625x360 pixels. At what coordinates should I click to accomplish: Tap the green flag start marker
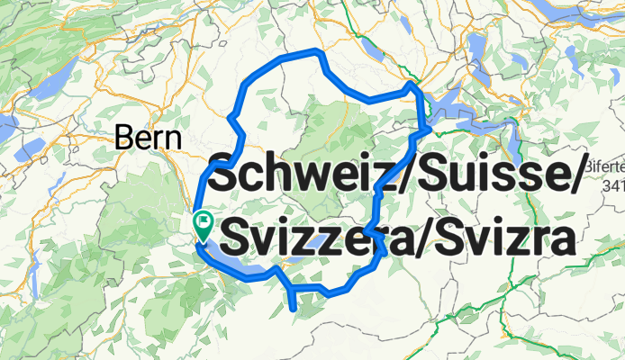(204, 224)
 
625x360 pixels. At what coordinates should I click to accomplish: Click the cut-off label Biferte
(604, 167)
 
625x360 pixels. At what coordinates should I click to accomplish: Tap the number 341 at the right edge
(611, 186)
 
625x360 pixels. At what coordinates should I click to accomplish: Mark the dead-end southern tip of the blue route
(294, 309)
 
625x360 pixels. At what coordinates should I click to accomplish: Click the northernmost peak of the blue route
(315, 50)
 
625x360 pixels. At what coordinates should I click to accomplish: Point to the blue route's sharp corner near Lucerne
(412, 85)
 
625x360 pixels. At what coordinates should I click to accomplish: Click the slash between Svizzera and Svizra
(418, 239)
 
